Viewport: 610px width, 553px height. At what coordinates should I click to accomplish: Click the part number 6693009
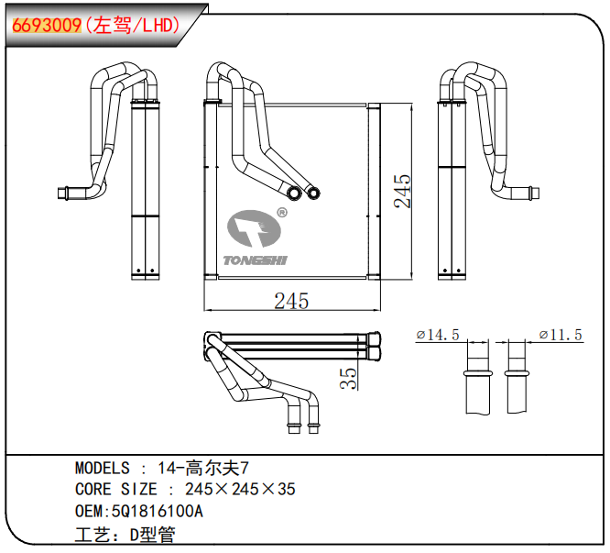point(47,25)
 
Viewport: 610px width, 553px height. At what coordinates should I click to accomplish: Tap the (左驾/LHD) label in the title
point(131,25)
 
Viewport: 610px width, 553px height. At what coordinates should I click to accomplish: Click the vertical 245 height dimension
point(402,191)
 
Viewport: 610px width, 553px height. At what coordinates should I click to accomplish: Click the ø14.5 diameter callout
point(438,336)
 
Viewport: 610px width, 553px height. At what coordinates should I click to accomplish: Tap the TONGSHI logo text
point(256,260)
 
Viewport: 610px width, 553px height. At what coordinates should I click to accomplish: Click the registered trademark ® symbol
point(282,213)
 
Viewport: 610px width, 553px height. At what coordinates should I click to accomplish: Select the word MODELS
point(102,469)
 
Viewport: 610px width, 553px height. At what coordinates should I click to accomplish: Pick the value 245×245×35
point(240,490)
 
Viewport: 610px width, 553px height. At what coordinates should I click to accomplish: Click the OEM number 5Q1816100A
point(156,511)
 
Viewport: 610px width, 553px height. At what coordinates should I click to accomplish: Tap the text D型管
point(152,533)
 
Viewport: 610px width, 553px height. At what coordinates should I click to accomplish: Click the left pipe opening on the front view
point(294,194)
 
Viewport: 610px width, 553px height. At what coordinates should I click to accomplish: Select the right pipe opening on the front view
point(314,193)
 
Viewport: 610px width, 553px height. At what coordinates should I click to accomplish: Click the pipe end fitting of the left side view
point(65,193)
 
